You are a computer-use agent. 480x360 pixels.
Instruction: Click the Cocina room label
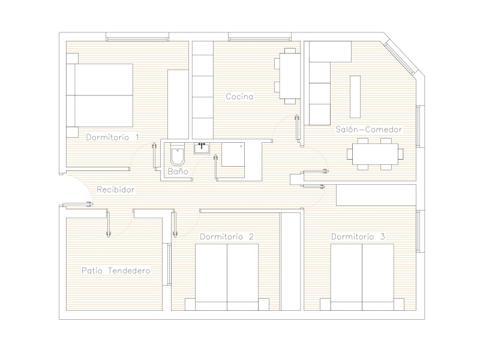click(239, 97)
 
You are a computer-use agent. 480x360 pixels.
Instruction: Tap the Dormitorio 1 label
click(112, 137)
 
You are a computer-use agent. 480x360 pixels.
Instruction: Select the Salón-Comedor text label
click(368, 129)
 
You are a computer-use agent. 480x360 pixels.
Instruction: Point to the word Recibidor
click(115, 190)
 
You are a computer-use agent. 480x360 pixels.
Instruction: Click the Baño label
click(178, 171)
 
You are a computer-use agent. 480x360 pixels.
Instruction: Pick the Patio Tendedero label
click(116, 271)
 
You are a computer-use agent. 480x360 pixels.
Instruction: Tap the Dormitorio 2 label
click(227, 236)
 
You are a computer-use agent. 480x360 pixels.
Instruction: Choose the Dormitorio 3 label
click(358, 236)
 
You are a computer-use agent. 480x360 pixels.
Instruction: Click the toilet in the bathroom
click(177, 155)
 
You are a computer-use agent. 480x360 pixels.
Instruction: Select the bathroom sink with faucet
click(202, 148)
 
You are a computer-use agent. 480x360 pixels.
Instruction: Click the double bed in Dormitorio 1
click(100, 95)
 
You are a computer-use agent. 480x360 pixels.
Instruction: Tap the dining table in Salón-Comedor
click(375, 154)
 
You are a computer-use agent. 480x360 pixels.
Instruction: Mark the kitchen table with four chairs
click(287, 76)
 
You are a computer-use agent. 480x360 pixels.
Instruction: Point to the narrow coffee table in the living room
click(355, 97)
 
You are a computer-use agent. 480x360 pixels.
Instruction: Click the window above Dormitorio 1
click(137, 37)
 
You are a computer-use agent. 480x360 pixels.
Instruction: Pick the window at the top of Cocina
click(260, 37)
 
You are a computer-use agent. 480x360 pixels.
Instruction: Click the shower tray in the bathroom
click(233, 155)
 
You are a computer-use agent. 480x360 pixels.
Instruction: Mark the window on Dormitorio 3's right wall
click(421, 231)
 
